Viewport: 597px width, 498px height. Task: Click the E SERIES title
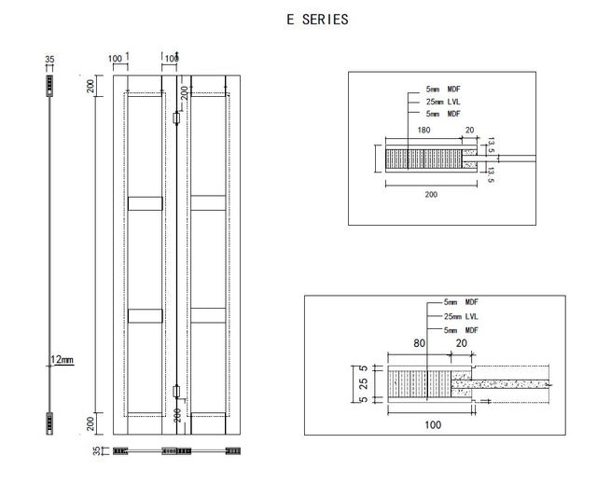click(317, 20)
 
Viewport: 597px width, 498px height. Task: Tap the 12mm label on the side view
click(62, 359)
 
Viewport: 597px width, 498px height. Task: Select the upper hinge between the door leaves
click(176, 118)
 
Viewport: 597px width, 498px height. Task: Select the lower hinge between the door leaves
click(176, 392)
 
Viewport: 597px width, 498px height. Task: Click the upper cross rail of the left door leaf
click(146, 203)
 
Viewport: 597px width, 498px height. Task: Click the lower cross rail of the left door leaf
click(146, 316)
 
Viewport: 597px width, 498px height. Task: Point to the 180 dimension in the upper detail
click(423, 131)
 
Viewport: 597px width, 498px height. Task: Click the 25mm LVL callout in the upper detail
click(443, 102)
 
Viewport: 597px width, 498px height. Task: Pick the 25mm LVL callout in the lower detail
click(461, 316)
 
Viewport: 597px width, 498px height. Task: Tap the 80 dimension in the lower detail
click(419, 343)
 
